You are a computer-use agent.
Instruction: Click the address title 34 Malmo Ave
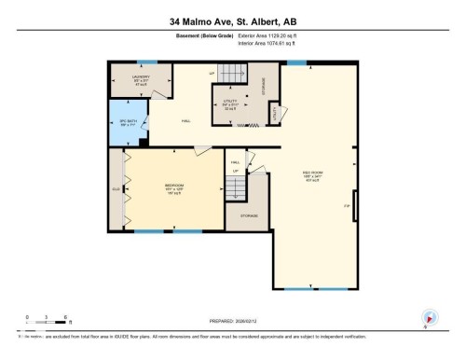coord(232,21)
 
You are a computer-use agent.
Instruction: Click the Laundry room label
coord(128,79)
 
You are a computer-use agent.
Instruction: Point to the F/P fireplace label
coord(347,204)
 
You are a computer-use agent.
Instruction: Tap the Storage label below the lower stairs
coord(248,215)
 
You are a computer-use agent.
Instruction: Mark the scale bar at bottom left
coord(46,325)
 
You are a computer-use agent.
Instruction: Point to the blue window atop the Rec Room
coord(297,62)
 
